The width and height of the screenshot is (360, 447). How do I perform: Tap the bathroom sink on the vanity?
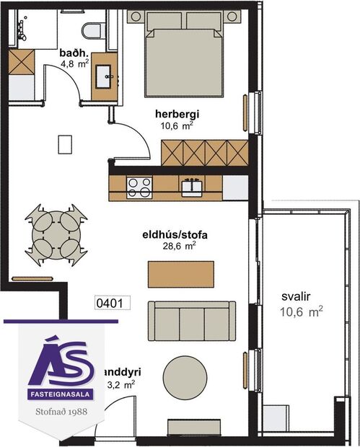pos(105,74)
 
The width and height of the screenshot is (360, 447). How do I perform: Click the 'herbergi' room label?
pos(176,113)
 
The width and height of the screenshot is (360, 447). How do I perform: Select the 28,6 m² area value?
pos(180,246)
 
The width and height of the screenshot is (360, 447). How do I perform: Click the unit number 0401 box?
pos(111,304)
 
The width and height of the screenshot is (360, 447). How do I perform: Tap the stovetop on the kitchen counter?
pos(138,187)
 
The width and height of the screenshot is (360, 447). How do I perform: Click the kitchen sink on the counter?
pos(191,187)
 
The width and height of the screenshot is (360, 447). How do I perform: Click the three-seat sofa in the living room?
pos(192,321)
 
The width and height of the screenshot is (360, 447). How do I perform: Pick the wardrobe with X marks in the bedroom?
pos(206,151)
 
